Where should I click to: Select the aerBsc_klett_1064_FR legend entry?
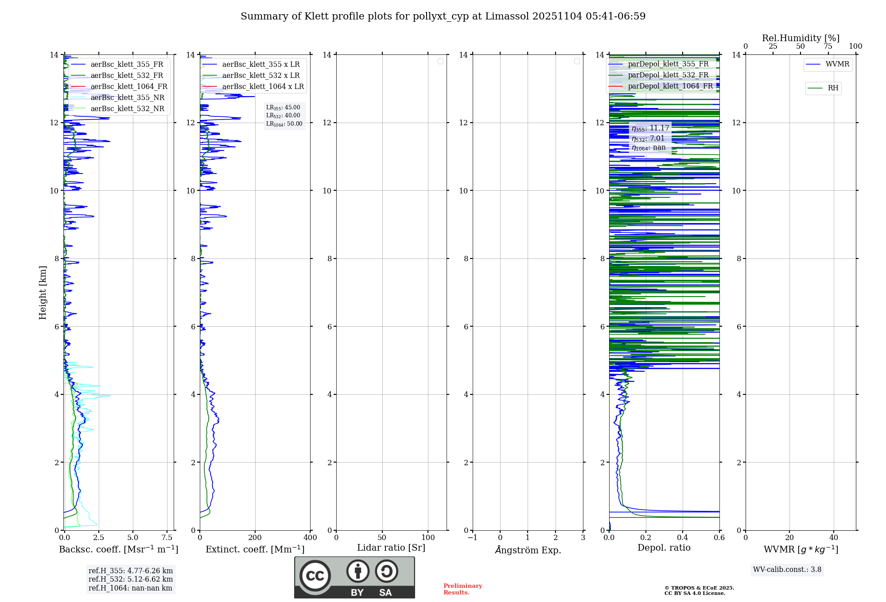pos(128,87)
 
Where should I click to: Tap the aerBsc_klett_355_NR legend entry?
pos(127,98)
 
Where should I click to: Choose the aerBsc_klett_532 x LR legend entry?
pos(260,76)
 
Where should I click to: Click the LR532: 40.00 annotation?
pos(283,116)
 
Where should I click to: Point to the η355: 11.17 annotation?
pos(650,128)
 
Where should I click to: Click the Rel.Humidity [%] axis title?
pos(801,38)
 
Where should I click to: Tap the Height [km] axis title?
pos(43,293)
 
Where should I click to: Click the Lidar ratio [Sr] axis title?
pos(391,548)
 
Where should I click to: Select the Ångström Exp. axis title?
pos(528,550)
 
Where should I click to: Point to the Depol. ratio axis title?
pos(664,548)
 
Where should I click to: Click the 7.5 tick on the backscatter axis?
pos(167,538)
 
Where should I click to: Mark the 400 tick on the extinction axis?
pos(310,538)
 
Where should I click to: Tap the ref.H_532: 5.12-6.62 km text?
pos(131,579)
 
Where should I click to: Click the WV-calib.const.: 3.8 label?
pos(787,570)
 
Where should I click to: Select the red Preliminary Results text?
pos(462,589)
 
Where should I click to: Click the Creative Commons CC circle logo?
pos(315,576)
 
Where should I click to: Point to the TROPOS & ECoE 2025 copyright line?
pos(699,588)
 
